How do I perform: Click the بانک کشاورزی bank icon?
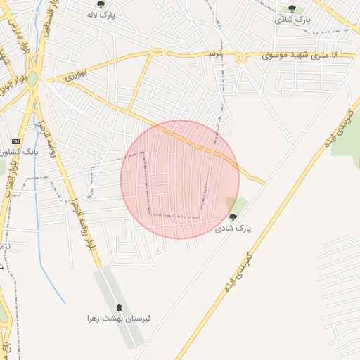pos(16,141)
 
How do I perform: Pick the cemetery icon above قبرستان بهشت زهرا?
pos(118,307)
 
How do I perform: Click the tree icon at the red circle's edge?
pos(233,217)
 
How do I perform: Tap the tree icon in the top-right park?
pos(292,8)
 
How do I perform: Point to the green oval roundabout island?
pos(33,79)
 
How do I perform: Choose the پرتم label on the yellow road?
pos(215,54)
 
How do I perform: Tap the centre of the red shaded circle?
pos(180,180)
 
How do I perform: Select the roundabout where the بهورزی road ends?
pos(158,52)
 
